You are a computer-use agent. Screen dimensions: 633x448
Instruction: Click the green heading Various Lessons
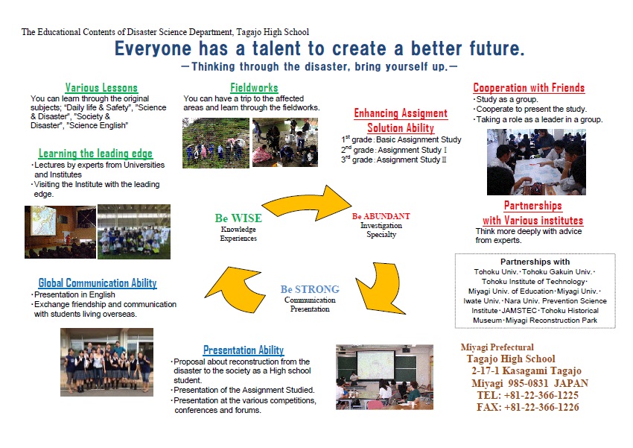(101, 88)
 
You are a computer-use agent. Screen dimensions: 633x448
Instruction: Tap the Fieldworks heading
(255, 88)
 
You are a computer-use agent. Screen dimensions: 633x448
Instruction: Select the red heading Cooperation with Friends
(529, 88)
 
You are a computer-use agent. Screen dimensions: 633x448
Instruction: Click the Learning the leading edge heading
(95, 154)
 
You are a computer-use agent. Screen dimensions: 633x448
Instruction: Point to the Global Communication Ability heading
(98, 283)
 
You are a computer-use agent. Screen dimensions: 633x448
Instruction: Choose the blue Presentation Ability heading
(244, 350)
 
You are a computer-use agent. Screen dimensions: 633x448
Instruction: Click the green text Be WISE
(238, 218)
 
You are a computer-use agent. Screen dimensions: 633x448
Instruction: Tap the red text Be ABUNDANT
(381, 216)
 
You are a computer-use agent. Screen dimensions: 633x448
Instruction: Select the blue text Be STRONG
(310, 289)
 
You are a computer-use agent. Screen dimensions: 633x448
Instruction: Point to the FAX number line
(528, 407)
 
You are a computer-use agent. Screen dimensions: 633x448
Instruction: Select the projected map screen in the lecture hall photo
(42, 221)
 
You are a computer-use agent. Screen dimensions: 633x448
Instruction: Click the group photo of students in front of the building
(107, 362)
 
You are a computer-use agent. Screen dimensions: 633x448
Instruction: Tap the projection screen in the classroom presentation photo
(376, 365)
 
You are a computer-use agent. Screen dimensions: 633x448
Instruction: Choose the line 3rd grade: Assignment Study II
(394, 160)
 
